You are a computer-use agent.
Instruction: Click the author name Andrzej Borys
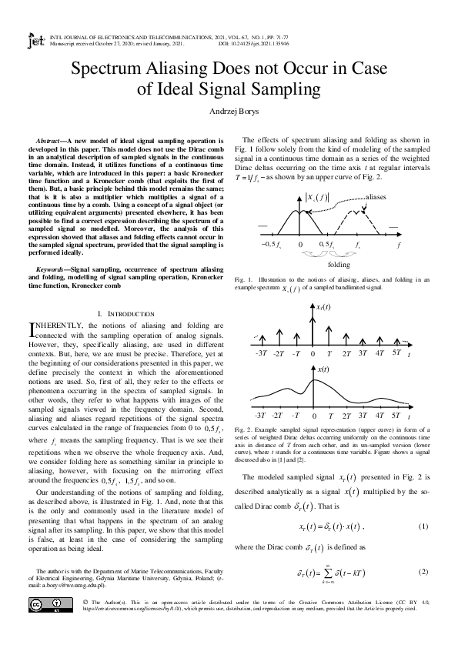[229, 111]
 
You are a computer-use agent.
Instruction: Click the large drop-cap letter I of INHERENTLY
[30, 330]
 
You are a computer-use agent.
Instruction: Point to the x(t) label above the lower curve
[324, 370]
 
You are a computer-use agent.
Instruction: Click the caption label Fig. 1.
[240, 278]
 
